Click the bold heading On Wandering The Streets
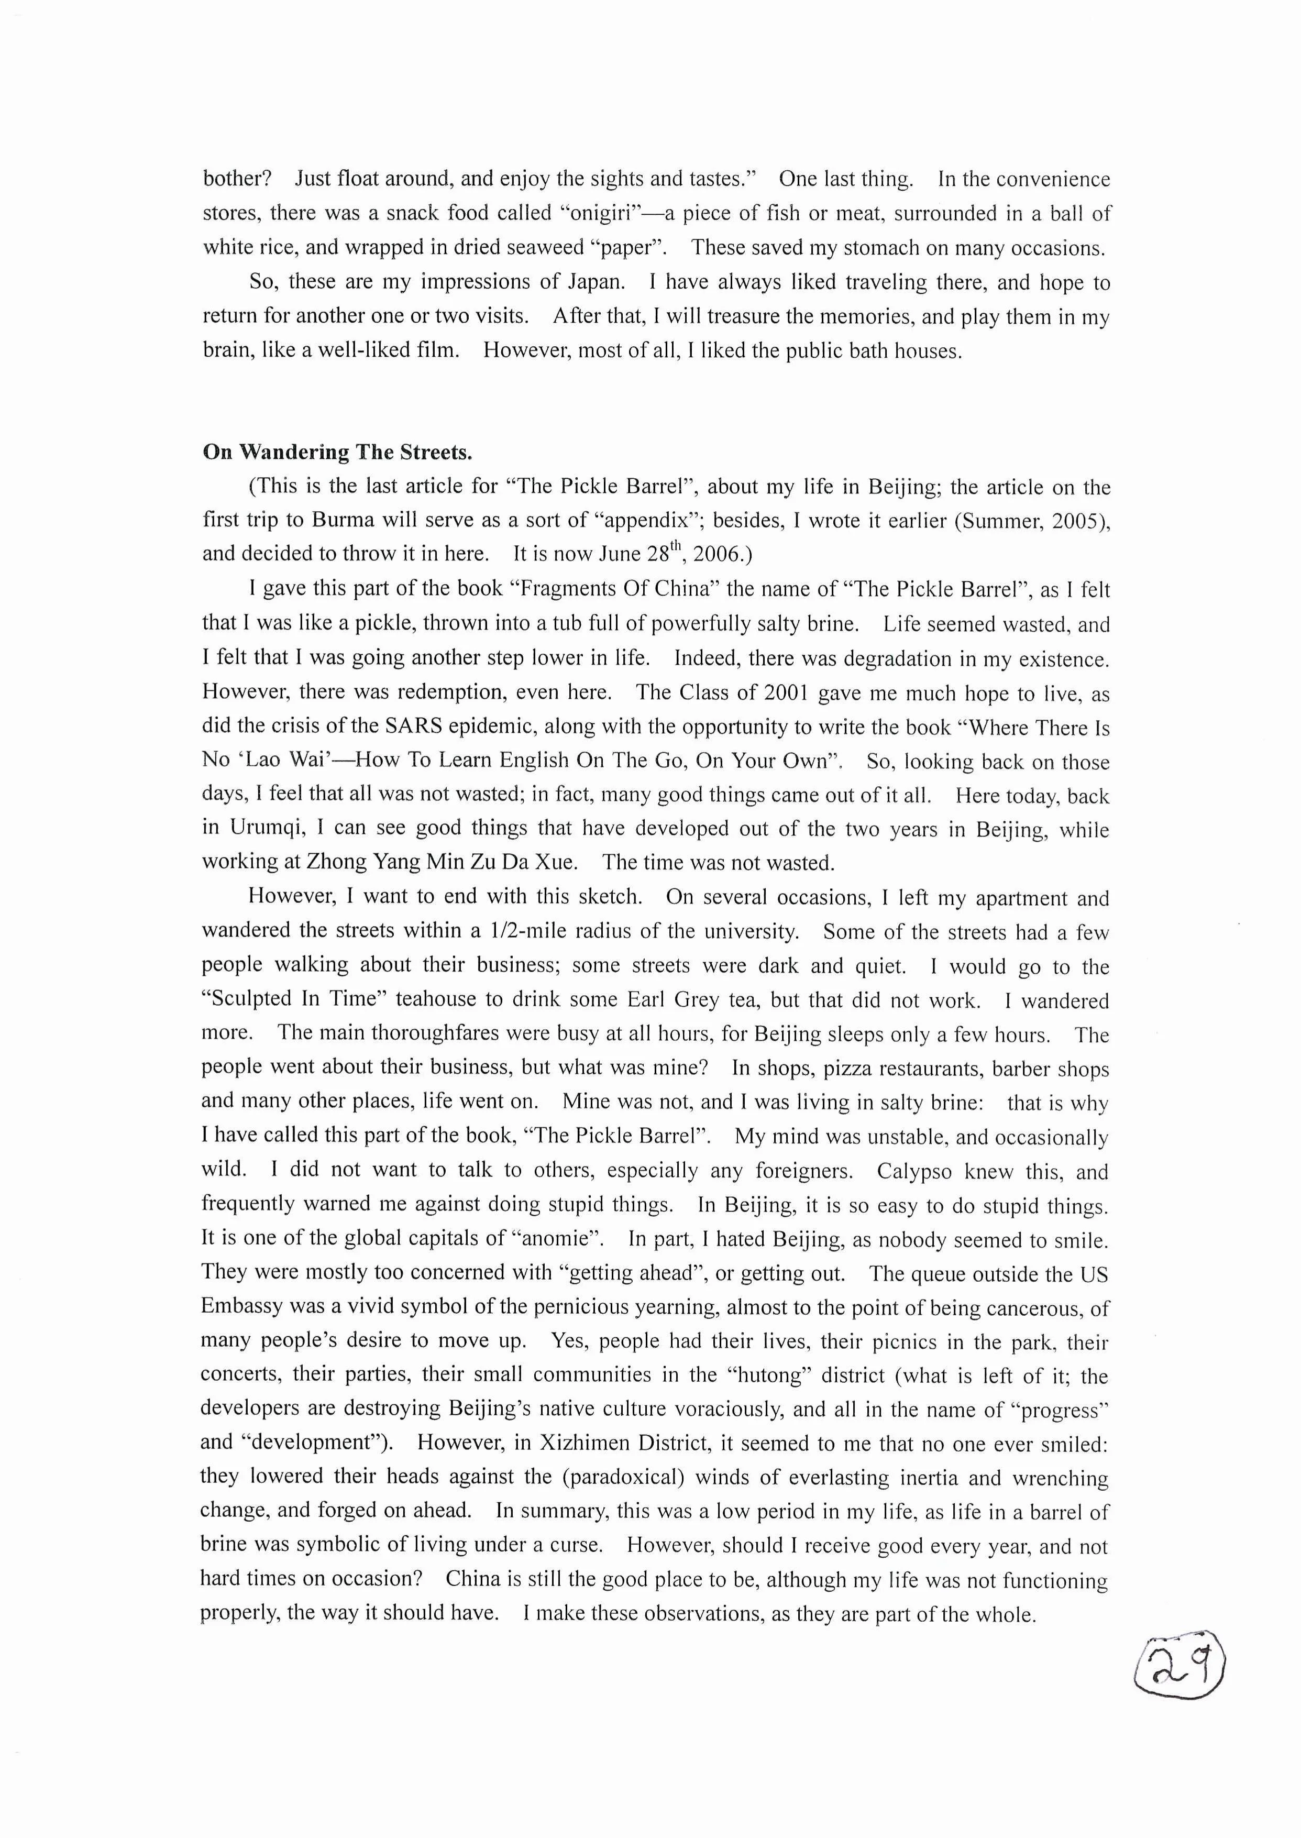tap(337, 453)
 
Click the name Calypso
tap(914, 1171)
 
